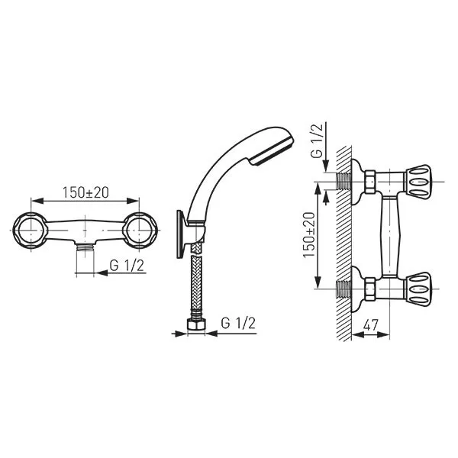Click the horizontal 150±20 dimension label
click(x=85, y=192)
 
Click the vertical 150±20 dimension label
click(x=310, y=235)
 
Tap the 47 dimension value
click(x=371, y=325)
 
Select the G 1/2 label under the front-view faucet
click(x=127, y=266)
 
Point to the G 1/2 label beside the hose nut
click(x=238, y=323)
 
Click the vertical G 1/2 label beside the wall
click(x=317, y=140)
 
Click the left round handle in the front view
click(x=30, y=231)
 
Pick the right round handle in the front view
click(x=140, y=231)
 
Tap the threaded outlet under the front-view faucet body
click(x=85, y=247)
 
